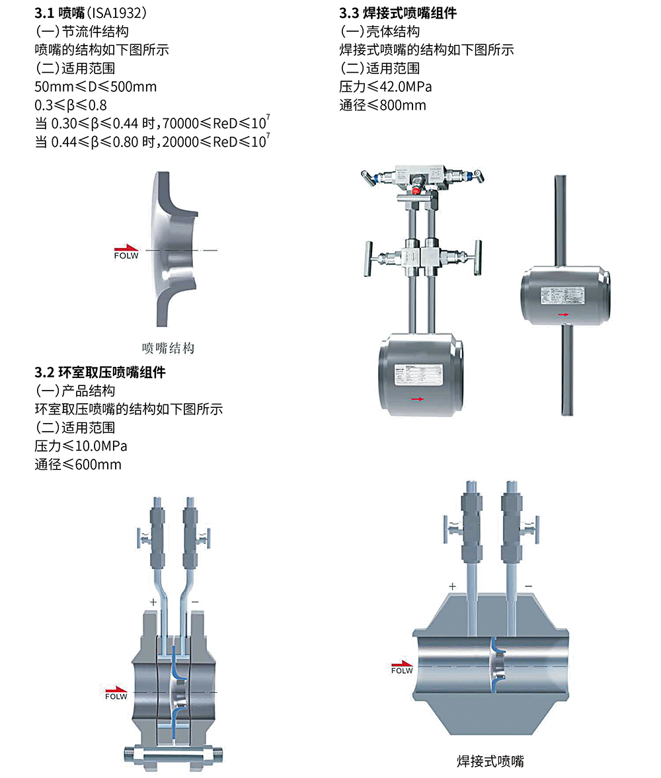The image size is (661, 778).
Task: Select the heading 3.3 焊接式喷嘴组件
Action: [x=398, y=13]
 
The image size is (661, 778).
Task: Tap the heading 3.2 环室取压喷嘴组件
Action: [x=100, y=372]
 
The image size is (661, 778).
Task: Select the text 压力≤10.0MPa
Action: [x=81, y=446]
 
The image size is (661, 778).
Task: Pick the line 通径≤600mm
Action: [x=78, y=464]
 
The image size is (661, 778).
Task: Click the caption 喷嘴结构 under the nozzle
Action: [x=169, y=348]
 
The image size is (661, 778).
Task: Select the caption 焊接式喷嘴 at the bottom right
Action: [x=490, y=761]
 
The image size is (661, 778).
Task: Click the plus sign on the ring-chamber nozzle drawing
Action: [x=153, y=602]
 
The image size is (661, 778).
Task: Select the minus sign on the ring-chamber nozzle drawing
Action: [x=195, y=602]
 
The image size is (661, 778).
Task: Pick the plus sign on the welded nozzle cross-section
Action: [x=452, y=586]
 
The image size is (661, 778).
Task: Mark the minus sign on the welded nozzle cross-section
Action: [x=528, y=586]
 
